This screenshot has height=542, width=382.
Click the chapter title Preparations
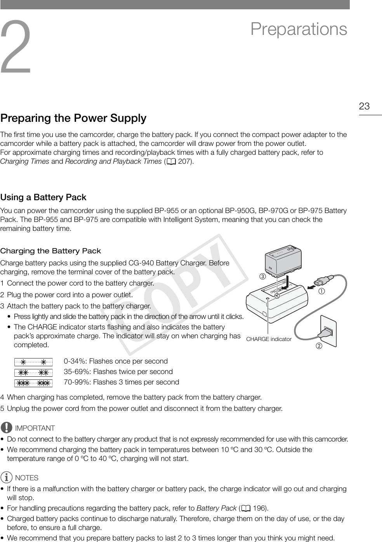(299, 29)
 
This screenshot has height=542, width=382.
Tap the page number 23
(364, 106)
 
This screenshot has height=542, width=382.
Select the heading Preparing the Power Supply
(73, 118)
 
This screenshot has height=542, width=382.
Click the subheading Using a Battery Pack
(43, 197)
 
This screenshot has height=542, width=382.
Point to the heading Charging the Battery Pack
(50, 251)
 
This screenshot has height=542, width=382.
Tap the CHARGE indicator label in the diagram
(269, 339)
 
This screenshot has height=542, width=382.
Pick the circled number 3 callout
(262, 277)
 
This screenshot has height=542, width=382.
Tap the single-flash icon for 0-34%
(33, 362)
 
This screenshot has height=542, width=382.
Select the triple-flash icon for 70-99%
(33, 383)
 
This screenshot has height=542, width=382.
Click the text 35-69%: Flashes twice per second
(118, 372)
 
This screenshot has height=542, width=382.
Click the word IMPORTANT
(35, 428)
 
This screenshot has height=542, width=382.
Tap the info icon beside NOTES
(6, 478)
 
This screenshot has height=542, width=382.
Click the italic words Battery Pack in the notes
(216, 508)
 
